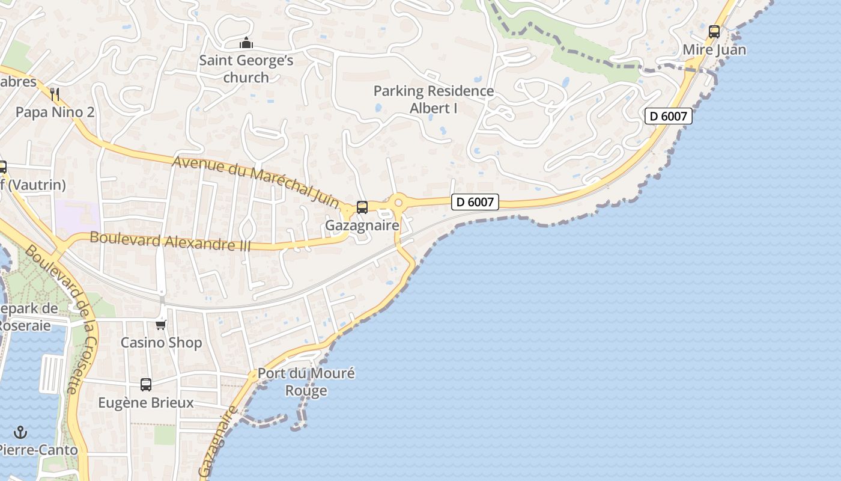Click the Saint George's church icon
tap(246, 43)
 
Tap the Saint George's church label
tap(246, 69)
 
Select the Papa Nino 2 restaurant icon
tap(55, 94)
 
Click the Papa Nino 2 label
tap(55, 112)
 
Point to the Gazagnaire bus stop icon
tap(362, 207)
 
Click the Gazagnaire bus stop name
tap(362, 225)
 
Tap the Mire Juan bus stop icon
tap(714, 32)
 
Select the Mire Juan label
tap(714, 50)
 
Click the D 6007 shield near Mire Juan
tap(669, 116)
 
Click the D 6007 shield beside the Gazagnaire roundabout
tap(475, 202)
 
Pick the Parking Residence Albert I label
tap(434, 99)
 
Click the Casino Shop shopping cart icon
tap(160, 325)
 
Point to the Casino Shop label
tap(161, 343)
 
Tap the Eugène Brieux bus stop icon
tap(146, 385)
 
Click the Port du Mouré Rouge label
tap(306, 382)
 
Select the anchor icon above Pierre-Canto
tap(21, 432)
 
